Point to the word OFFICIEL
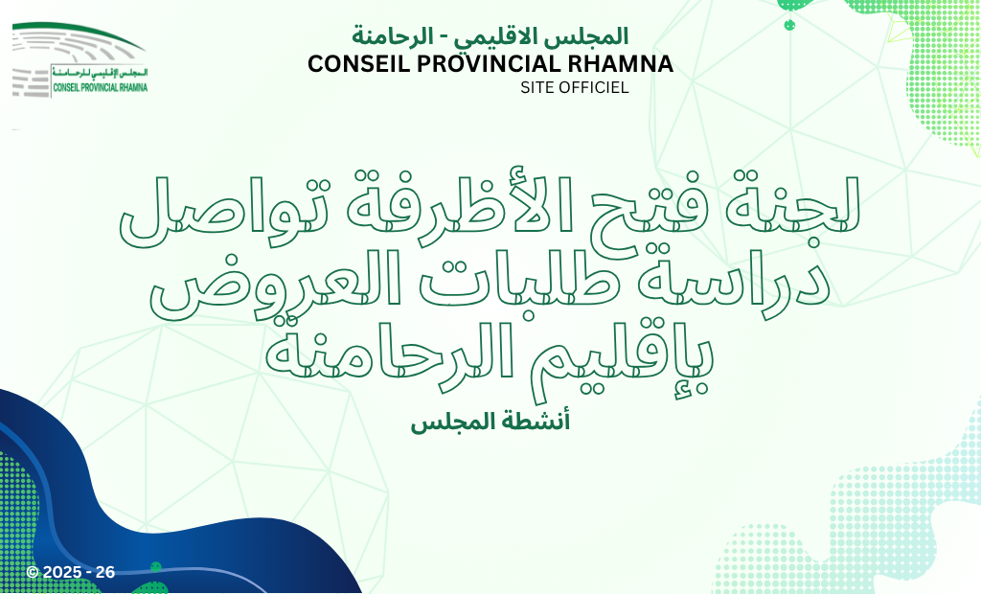tap(592, 87)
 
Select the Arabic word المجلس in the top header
tap(595, 35)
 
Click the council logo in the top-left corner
tap(80, 60)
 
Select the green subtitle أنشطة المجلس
tap(490, 422)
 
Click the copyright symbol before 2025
tap(34, 572)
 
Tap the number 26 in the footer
tap(105, 572)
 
